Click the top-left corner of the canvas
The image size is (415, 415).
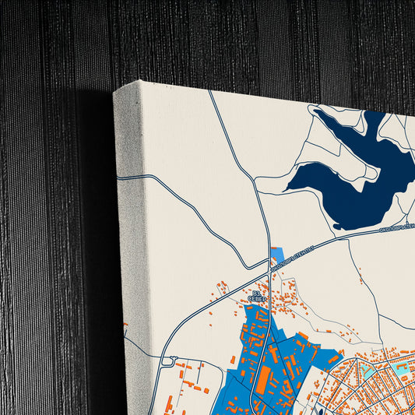(x=115, y=92)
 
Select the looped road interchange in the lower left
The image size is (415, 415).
(x=168, y=360)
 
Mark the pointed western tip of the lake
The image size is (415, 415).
(x=289, y=187)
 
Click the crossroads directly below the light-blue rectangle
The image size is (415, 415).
(x=269, y=275)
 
